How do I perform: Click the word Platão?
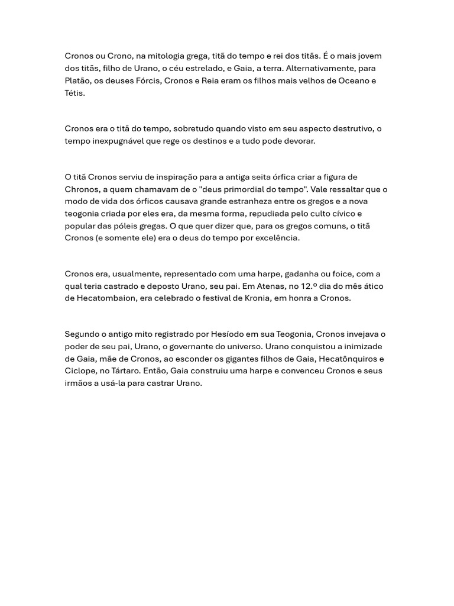click(x=77, y=80)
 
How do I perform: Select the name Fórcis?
click(x=150, y=80)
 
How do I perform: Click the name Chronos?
click(x=82, y=189)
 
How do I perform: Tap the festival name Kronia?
click(x=258, y=298)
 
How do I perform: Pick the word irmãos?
click(x=79, y=383)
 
